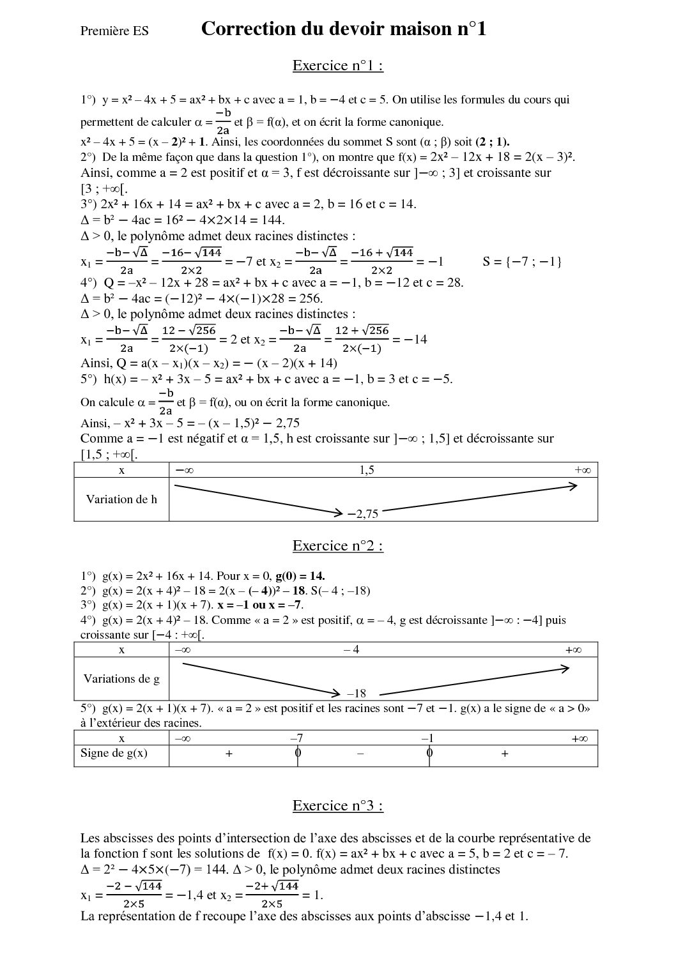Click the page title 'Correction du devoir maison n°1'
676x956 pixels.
[x=343, y=29]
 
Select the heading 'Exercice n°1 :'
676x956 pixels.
[x=337, y=66]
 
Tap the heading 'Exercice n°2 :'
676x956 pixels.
[x=337, y=545]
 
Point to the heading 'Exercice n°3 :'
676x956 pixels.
[x=337, y=805]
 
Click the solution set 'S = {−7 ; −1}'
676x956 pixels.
[x=523, y=261]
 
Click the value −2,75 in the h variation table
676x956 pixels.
[x=363, y=513]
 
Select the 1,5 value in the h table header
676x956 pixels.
[x=367, y=470]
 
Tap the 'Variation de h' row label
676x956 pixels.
[x=121, y=499]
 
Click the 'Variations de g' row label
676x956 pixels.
[x=121, y=679]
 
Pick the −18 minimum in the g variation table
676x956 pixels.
[x=356, y=694]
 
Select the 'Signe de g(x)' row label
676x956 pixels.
[x=114, y=753]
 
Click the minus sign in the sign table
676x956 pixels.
[x=360, y=754]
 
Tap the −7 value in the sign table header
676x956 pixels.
[x=296, y=738]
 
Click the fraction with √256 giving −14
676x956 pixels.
[x=362, y=339]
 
